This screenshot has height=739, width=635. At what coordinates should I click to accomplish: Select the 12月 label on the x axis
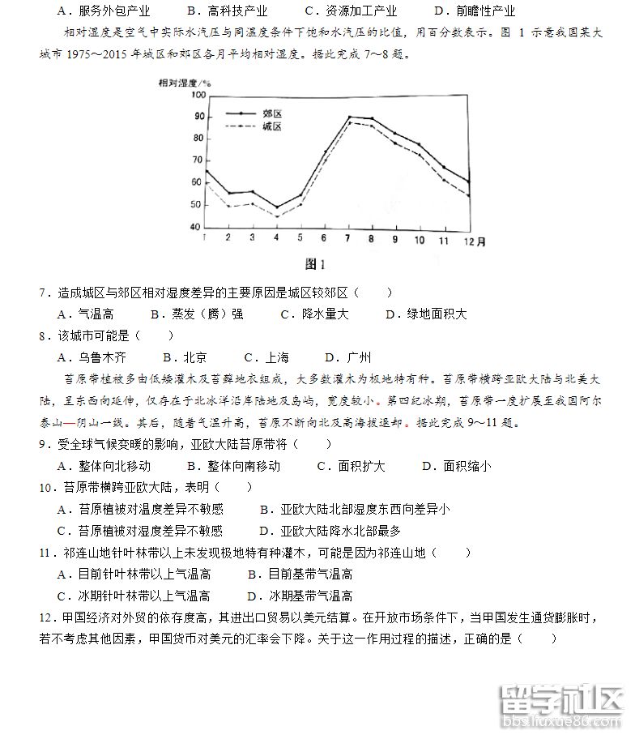pyautogui.click(x=473, y=241)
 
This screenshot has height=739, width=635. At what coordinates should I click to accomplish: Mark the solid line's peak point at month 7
pyautogui.click(x=349, y=117)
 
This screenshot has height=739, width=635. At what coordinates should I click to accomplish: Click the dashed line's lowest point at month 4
pyautogui.click(x=276, y=216)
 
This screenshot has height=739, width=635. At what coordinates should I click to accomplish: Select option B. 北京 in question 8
pyautogui.click(x=184, y=357)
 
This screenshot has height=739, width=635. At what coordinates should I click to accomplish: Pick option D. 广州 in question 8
pyautogui.click(x=347, y=357)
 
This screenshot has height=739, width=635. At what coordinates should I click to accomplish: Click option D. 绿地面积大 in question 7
pyautogui.click(x=426, y=314)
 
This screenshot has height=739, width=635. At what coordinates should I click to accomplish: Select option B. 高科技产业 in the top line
pyautogui.click(x=226, y=11)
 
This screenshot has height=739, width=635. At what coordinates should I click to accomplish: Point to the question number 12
pyautogui.click(x=45, y=618)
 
